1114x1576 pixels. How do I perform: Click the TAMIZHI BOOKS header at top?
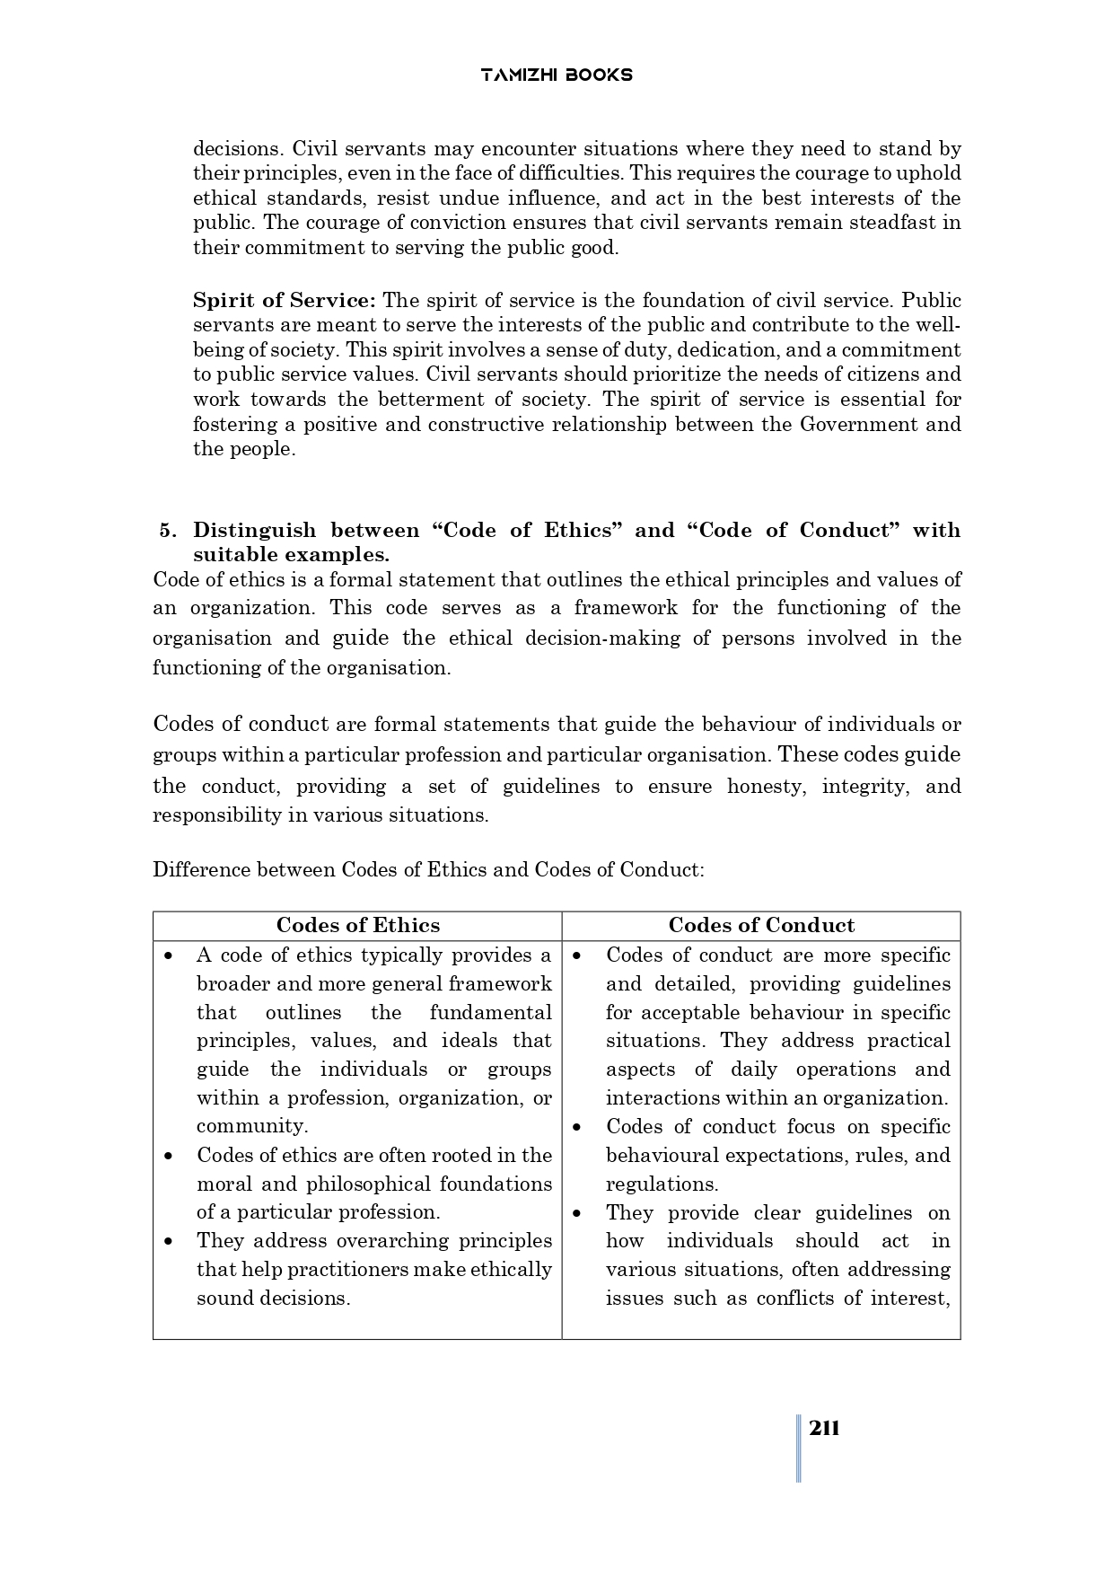tap(557, 75)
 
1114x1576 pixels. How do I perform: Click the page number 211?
tap(823, 1429)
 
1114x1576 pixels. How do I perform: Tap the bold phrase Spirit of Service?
tap(285, 300)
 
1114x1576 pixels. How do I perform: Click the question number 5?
tap(166, 530)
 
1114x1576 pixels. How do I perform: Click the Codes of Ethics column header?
tap(357, 925)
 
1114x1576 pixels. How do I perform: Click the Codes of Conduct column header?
tap(761, 925)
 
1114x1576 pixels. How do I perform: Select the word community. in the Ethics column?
tap(252, 1126)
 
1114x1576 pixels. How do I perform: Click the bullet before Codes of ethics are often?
tap(169, 1156)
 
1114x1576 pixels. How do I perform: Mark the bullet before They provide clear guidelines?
tap(577, 1213)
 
